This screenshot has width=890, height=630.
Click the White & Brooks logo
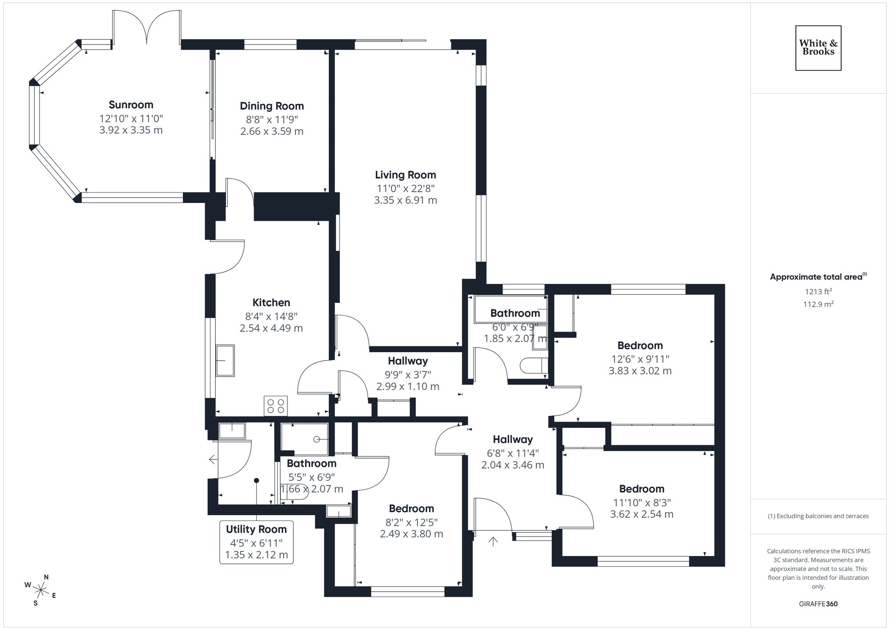click(818, 48)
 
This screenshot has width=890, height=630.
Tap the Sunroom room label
click(131, 105)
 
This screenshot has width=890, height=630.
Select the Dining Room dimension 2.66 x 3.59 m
click(271, 131)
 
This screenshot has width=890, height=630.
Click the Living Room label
click(405, 175)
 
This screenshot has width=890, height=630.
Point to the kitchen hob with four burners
click(275, 406)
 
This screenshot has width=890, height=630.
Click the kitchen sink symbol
click(225, 360)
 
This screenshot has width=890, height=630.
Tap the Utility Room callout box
click(256, 542)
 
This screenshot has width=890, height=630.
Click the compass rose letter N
click(46, 577)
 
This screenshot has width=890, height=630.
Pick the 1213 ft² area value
click(818, 292)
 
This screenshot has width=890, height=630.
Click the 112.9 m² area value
click(818, 304)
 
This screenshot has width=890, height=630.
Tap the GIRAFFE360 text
click(818, 604)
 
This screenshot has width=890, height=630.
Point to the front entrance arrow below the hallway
click(493, 541)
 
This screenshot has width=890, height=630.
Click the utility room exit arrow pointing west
click(213, 459)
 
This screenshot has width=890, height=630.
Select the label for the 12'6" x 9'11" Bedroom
click(640, 345)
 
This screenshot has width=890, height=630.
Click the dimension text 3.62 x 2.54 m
click(641, 514)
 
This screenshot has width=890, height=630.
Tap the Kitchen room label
click(271, 303)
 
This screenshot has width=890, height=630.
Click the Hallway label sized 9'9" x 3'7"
click(408, 361)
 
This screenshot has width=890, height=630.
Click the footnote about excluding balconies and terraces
click(818, 516)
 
